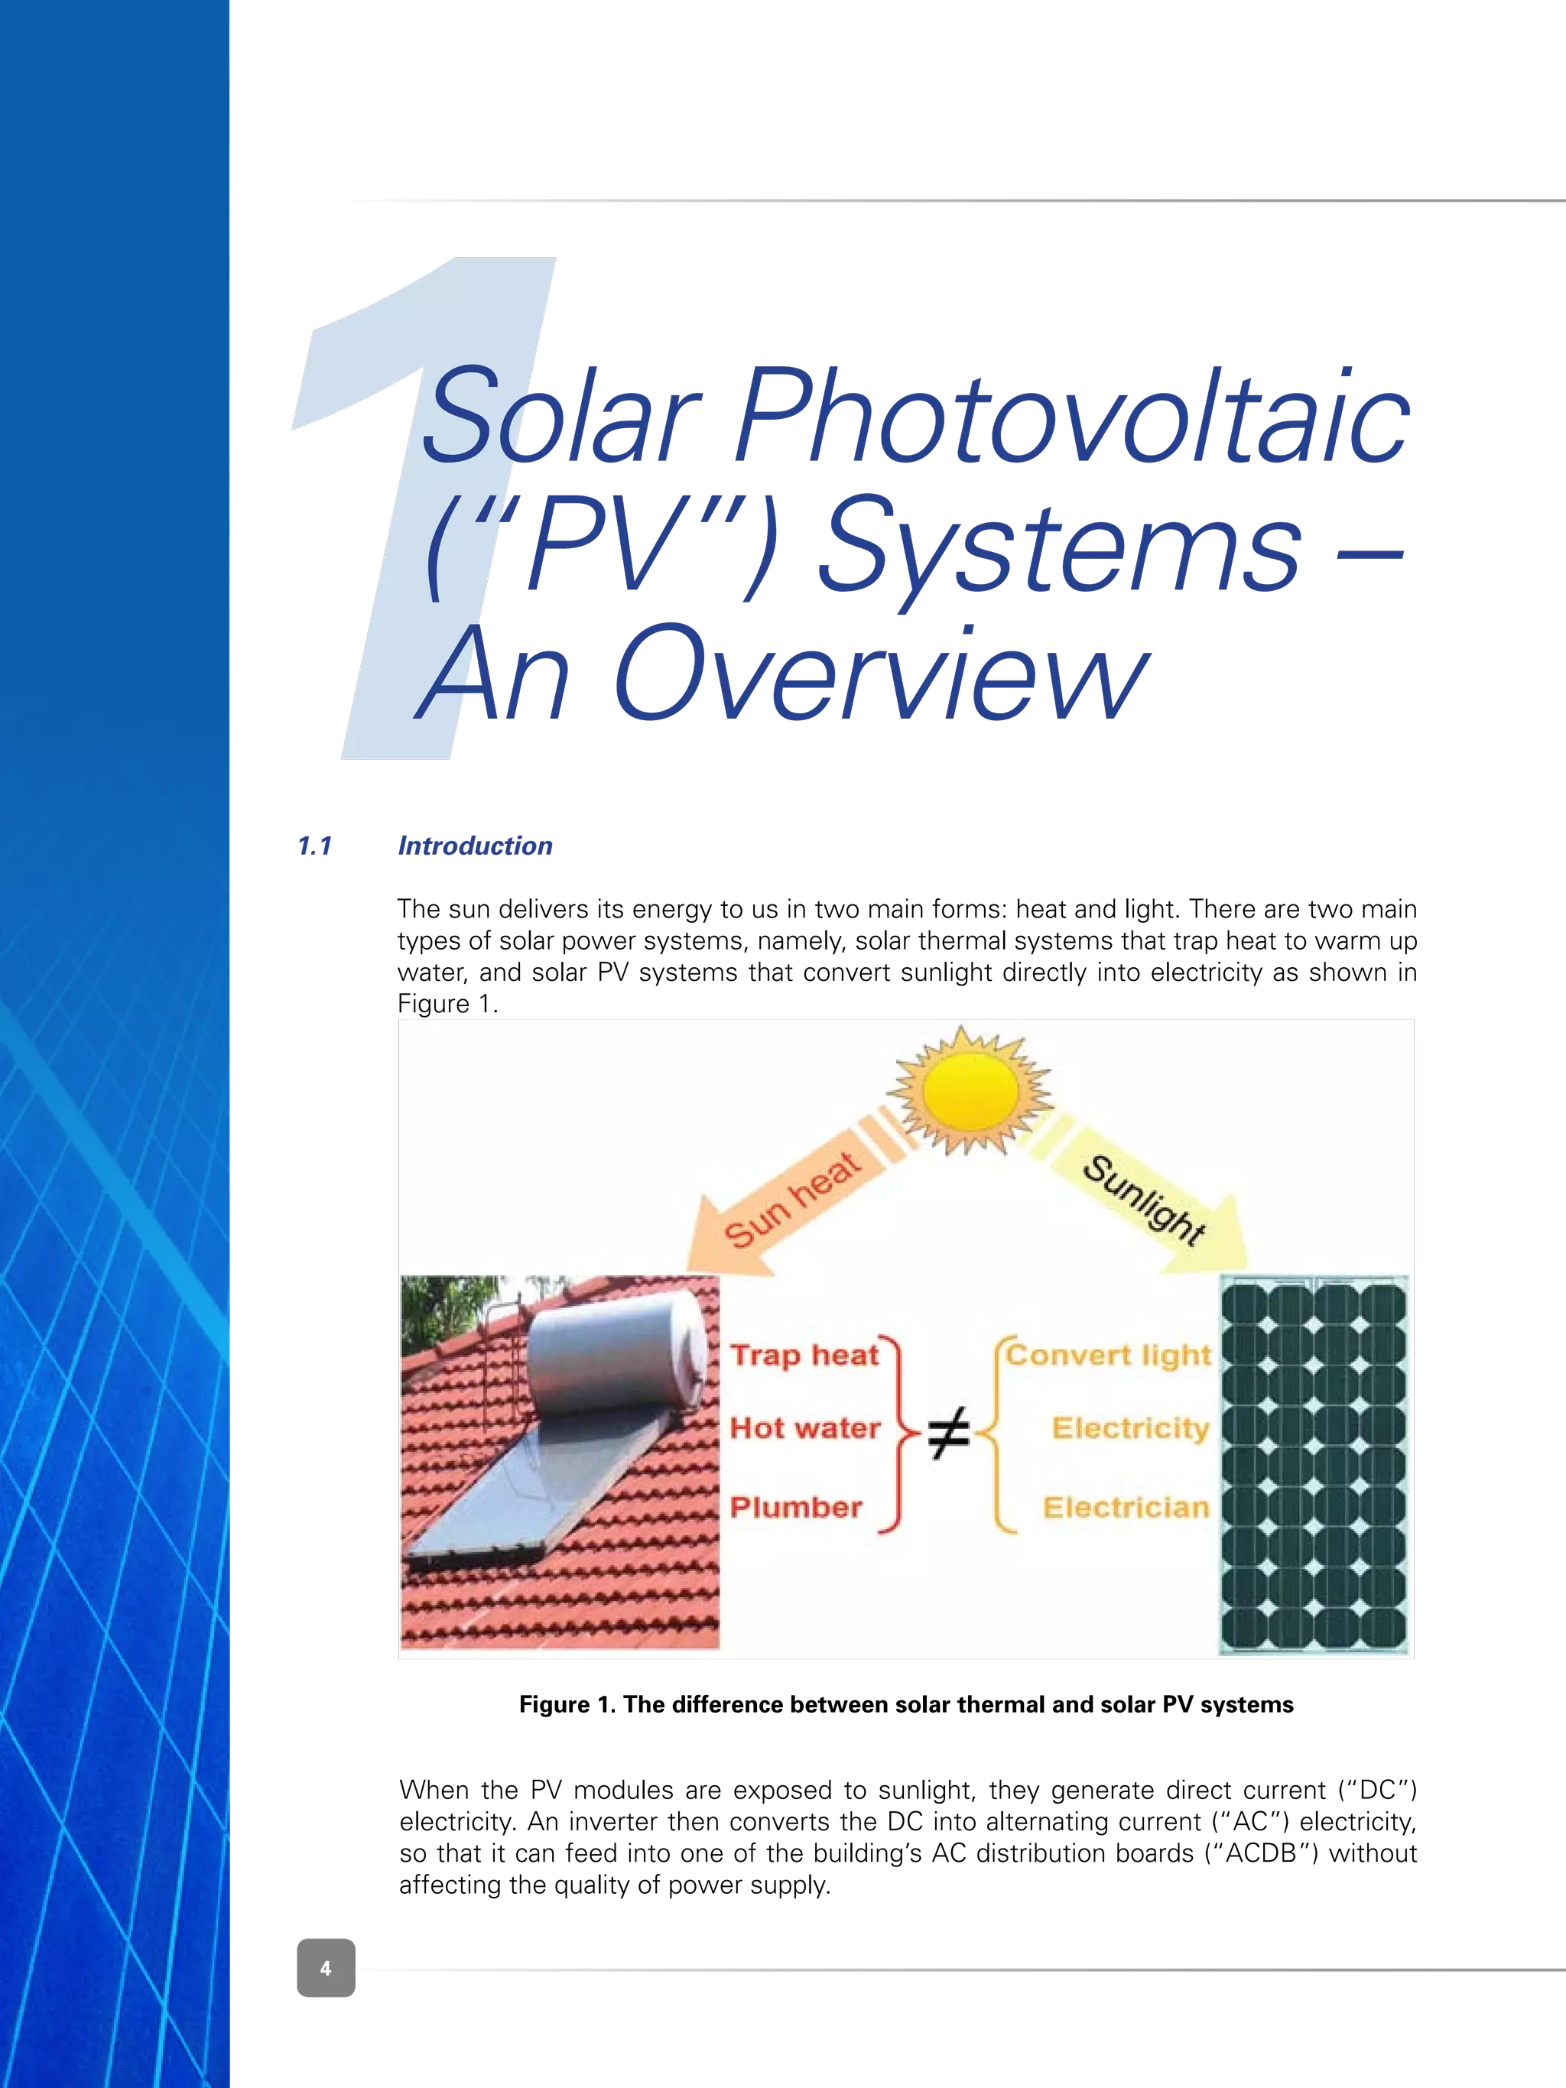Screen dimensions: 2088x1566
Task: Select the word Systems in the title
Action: point(1058,547)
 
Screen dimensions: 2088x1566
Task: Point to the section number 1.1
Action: point(314,846)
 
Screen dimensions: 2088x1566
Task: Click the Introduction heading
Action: point(475,846)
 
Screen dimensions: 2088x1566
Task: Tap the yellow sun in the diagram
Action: point(970,1092)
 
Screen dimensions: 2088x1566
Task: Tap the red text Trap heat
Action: point(804,1355)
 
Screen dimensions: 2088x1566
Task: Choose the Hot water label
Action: point(805,1427)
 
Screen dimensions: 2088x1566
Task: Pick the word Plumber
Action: point(796,1508)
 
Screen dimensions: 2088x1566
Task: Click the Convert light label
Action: point(1108,1355)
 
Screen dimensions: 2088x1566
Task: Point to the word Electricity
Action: point(1130,1427)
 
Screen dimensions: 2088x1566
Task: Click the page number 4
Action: point(326,1968)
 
